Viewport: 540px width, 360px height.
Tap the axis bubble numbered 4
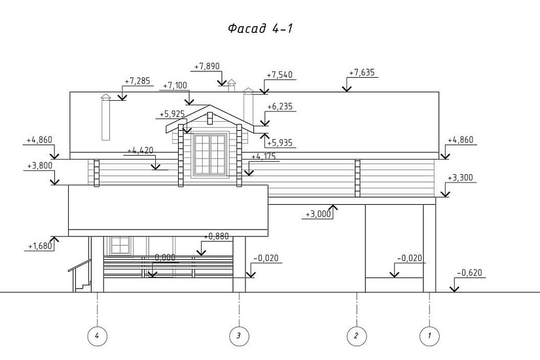(x=97, y=336)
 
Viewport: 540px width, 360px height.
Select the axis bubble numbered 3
(x=239, y=336)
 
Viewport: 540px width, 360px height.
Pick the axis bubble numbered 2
(x=356, y=336)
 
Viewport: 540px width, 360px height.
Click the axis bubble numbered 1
(x=429, y=336)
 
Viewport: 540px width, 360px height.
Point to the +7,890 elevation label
(x=207, y=66)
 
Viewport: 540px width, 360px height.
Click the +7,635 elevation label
(x=361, y=73)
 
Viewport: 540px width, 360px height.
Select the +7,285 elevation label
(x=137, y=81)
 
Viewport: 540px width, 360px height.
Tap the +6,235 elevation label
(x=281, y=107)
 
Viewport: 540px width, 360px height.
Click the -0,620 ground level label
(x=469, y=272)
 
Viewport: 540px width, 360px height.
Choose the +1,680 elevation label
(x=39, y=246)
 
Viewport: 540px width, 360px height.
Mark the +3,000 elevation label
(x=318, y=214)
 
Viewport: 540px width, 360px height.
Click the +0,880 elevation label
(x=217, y=236)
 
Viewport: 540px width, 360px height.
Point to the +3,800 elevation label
(x=39, y=166)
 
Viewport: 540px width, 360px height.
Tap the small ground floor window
(x=120, y=245)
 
